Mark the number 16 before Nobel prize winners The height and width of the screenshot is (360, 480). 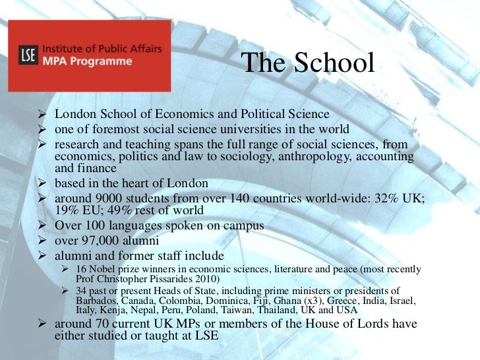[x=81, y=268]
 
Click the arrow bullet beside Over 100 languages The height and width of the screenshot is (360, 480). [x=44, y=226]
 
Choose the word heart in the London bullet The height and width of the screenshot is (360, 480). [x=143, y=183]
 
